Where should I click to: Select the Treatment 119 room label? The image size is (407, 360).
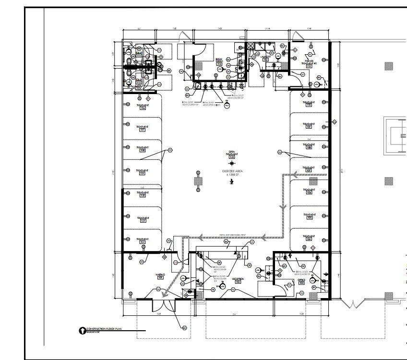point(143,171)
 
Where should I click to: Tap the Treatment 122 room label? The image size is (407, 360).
point(143,240)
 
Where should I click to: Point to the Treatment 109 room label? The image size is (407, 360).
point(309,125)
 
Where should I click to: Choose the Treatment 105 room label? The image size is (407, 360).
point(309,216)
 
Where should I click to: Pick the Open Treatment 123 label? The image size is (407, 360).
point(232,155)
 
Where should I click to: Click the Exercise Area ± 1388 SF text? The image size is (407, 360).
point(232,173)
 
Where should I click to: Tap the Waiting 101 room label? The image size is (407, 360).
point(160,276)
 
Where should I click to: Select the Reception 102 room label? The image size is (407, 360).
point(238,280)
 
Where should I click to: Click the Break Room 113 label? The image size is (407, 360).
point(219,61)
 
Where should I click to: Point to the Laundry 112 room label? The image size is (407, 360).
point(265,58)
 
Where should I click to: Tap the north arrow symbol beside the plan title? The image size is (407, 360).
point(81,330)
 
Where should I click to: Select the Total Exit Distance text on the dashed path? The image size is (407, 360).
point(232,235)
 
